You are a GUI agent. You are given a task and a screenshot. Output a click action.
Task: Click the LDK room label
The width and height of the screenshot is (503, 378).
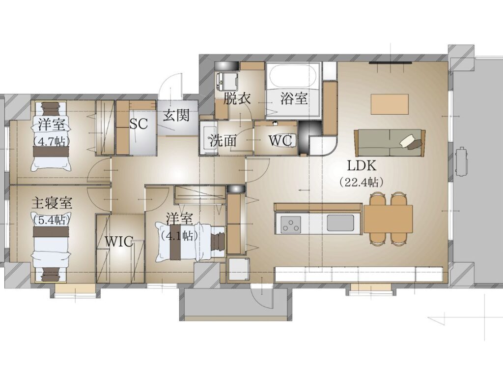coord(362,166)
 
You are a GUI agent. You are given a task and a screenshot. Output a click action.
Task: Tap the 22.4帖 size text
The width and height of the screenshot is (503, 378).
coord(362,182)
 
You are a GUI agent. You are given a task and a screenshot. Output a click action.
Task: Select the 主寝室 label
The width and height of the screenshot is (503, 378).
coord(52,203)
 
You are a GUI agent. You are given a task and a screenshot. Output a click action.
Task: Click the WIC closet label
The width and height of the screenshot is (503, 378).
coord(119,241)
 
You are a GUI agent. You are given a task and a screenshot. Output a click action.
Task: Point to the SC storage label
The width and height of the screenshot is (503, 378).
coord(139,124)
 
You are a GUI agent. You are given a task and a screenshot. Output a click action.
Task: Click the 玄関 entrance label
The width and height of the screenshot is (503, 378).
coord(176,115)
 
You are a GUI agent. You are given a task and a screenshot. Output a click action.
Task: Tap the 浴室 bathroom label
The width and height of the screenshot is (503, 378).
coord(294,98)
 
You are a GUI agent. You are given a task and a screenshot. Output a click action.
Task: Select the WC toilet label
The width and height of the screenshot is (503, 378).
coord(280,140)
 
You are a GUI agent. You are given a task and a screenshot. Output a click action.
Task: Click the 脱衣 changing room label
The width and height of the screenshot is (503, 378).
coord(237,98)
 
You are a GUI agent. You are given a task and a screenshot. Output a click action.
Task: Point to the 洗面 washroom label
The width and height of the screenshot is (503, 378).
coord(224,140)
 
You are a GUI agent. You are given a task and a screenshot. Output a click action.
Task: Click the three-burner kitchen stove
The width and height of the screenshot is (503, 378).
coord(291,224)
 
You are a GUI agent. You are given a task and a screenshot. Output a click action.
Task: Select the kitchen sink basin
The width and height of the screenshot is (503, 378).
coord(340,222)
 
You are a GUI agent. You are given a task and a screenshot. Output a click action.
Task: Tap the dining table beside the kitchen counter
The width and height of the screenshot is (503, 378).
coord(388,219)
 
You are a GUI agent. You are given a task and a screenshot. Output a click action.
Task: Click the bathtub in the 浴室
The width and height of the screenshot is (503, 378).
coord(291,77)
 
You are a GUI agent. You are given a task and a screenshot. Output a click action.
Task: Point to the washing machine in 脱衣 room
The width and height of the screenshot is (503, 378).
coord(226,82)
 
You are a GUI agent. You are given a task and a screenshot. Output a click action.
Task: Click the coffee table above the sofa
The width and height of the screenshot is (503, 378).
coord(390,104)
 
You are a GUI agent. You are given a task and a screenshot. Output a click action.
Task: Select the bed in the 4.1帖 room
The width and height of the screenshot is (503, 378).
coord(191,241)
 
